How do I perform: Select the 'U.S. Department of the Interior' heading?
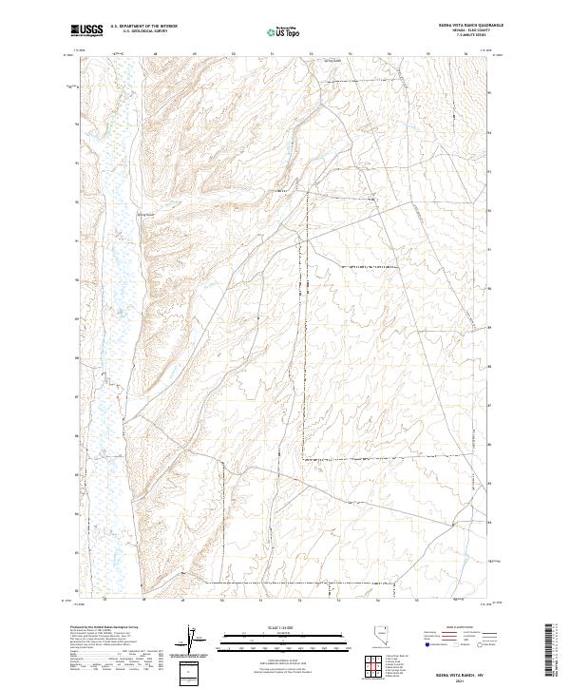coord(143,27)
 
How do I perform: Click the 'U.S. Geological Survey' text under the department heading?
coord(143,32)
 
